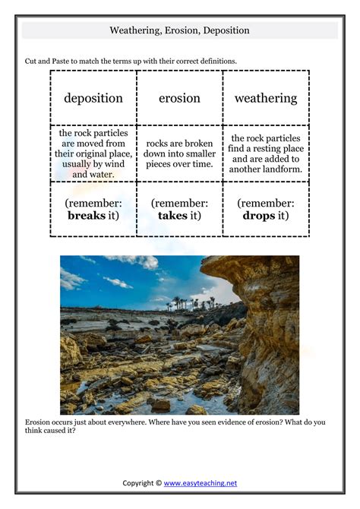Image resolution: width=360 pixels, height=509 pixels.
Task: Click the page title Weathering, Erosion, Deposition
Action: click(x=179, y=30)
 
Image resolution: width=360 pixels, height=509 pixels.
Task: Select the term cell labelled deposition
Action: click(x=93, y=98)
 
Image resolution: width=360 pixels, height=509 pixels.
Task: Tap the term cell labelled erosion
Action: click(x=179, y=98)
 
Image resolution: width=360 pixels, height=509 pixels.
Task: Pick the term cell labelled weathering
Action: click(x=266, y=98)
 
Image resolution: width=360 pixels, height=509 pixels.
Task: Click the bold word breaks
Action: click(x=86, y=215)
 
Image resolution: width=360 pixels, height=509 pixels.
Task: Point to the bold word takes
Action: click(x=172, y=215)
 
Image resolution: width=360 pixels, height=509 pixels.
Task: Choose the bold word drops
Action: click(x=258, y=215)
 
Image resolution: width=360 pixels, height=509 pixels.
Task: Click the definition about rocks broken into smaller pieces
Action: click(x=179, y=153)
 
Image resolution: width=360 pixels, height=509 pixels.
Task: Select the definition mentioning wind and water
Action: click(x=93, y=153)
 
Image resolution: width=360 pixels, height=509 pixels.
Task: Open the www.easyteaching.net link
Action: click(x=201, y=482)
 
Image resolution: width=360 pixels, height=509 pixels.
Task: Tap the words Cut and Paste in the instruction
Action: click(x=48, y=61)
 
